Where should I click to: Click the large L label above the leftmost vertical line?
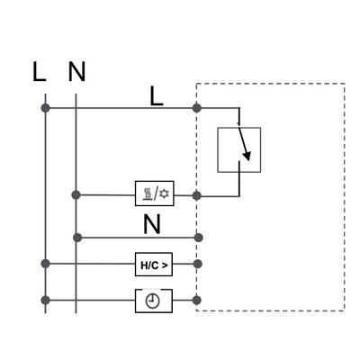coord(39,73)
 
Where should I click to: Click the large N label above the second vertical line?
coord(76,73)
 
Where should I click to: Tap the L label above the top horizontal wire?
coord(157,96)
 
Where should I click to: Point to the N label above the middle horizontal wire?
coord(151,222)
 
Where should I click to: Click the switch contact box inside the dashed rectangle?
coord(239,150)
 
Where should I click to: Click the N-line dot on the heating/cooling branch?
coord(76,194)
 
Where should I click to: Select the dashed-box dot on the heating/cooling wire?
coord(197,194)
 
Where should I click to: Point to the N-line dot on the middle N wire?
coord(76,238)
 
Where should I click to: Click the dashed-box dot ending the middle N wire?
coord(197,238)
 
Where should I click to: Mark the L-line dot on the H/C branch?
coord(45,265)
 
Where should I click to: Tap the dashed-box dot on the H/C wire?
coord(197,265)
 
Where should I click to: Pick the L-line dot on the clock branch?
coord(45,299)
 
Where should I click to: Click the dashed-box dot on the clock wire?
coord(197,299)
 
